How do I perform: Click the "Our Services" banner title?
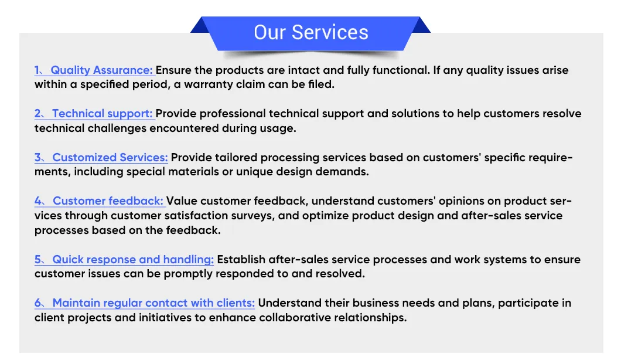tap(311, 32)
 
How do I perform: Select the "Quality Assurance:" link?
tap(101, 70)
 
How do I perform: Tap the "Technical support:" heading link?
tap(102, 114)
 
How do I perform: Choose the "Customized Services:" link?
tap(110, 157)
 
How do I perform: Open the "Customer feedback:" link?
tap(108, 201)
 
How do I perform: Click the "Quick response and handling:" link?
tap(133, 260)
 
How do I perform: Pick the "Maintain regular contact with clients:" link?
tap(153, 303)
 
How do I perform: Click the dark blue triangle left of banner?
tap(200, 26)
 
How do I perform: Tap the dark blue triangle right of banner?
tap(421, 26)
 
